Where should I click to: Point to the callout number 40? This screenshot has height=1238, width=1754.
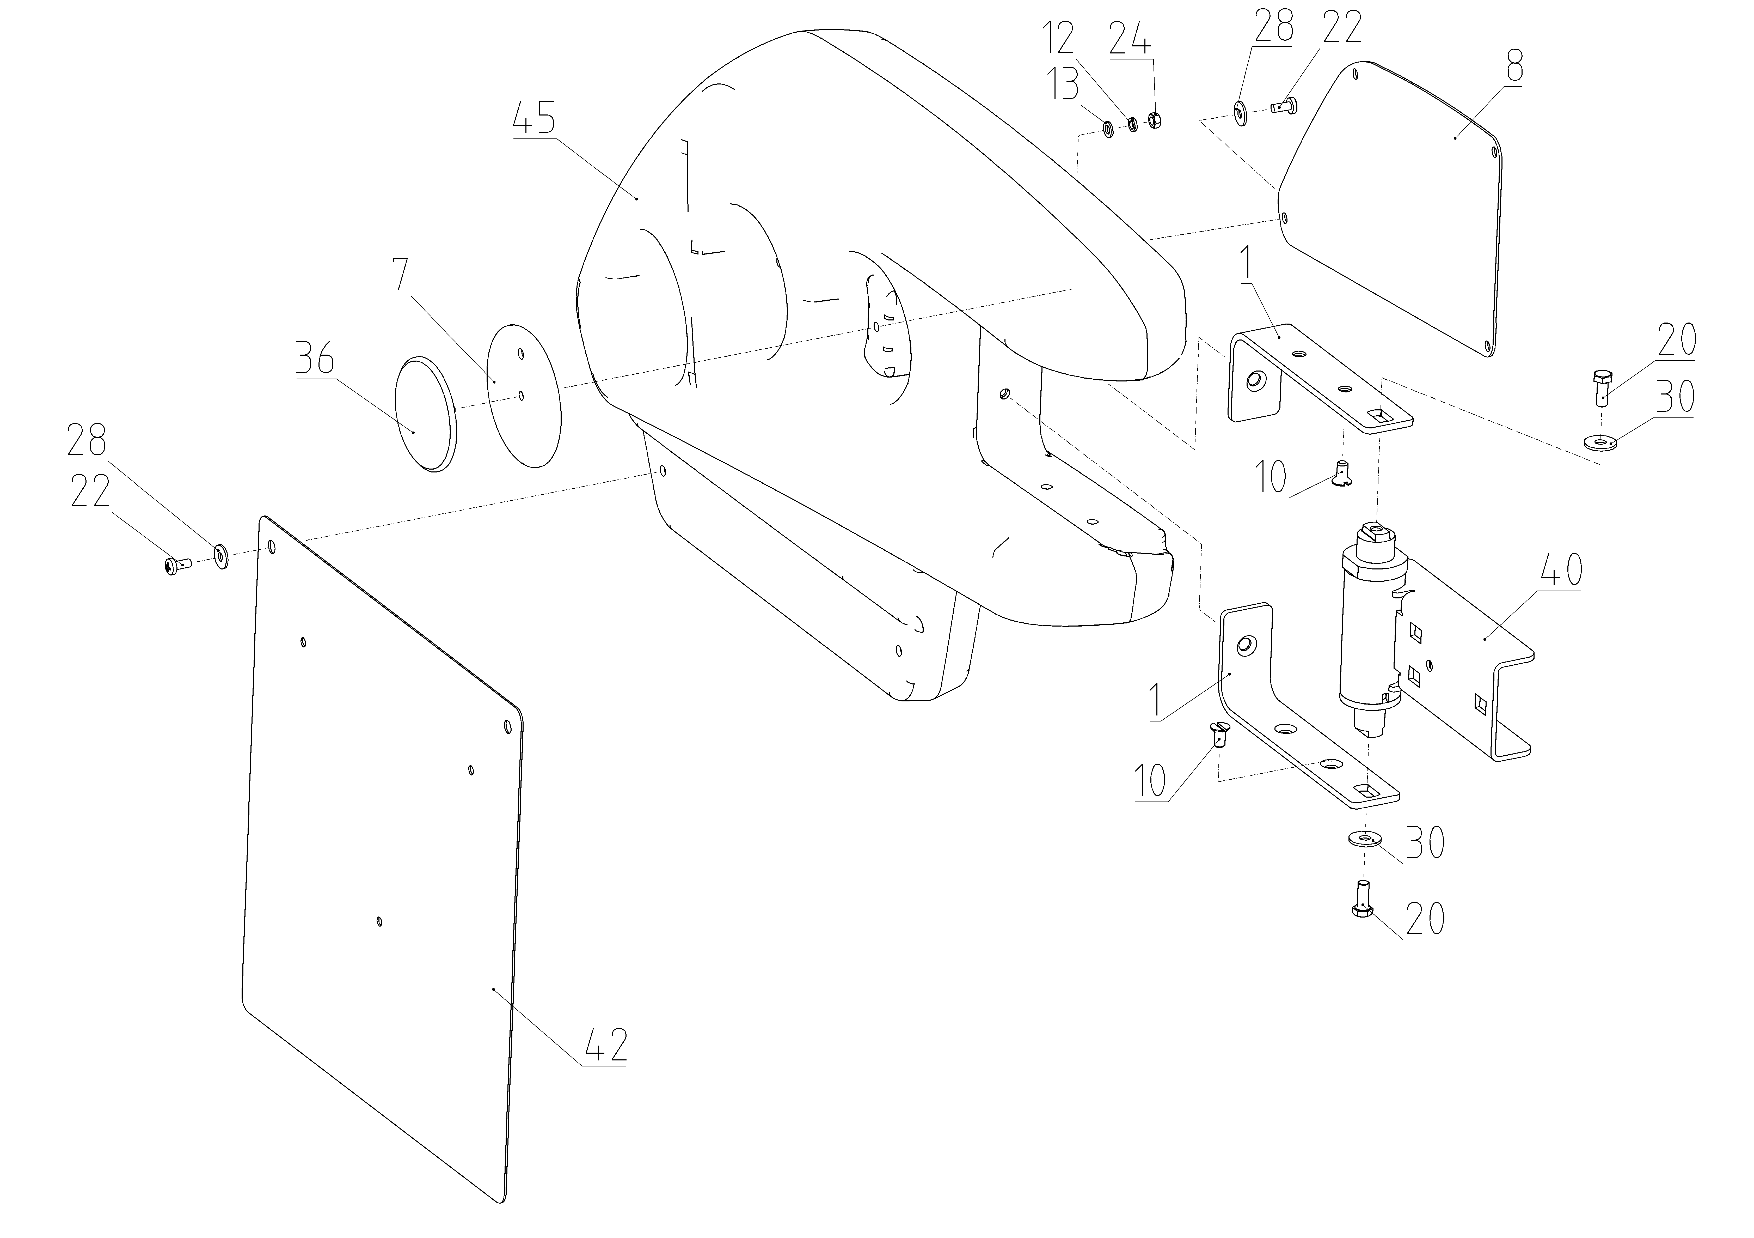pyautogui.click(x=1559, y=570)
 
